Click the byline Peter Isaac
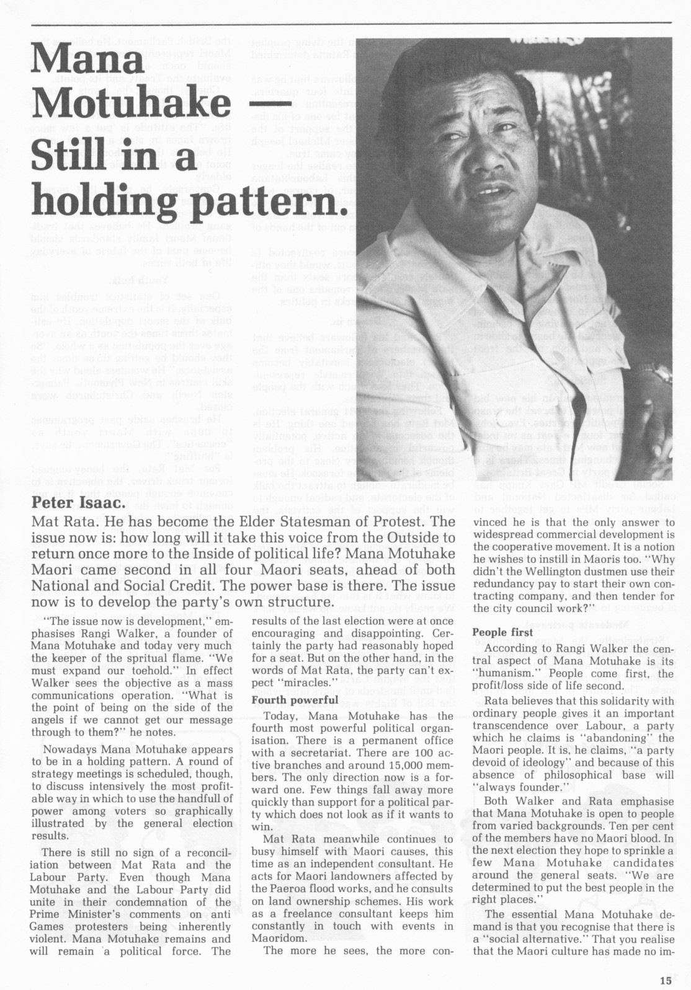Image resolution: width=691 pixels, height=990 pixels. [x=79, y=503]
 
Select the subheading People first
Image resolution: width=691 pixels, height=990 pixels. [x=502, y=632]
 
